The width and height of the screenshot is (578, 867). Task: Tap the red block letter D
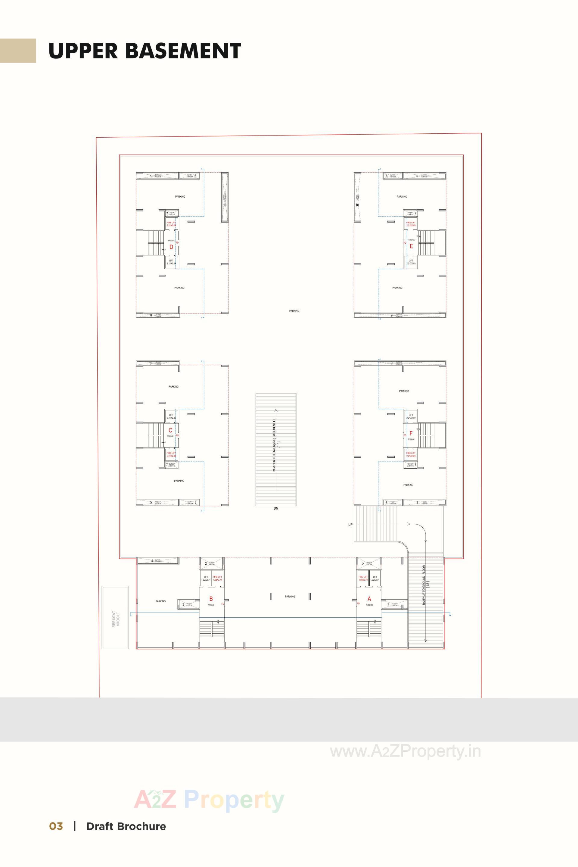171,247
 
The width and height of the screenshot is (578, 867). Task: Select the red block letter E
412,246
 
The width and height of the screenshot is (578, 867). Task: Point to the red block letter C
170,430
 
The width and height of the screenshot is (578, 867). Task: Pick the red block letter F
411,433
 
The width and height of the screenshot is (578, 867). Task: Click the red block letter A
369,599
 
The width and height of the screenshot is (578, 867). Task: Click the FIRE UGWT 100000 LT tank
115,618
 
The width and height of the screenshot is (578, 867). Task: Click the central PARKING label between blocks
294,311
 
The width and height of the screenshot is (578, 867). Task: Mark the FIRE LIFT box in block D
171,223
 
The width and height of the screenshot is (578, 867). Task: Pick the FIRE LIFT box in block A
363,578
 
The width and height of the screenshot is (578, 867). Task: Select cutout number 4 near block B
158,561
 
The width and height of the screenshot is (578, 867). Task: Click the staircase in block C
156,435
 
